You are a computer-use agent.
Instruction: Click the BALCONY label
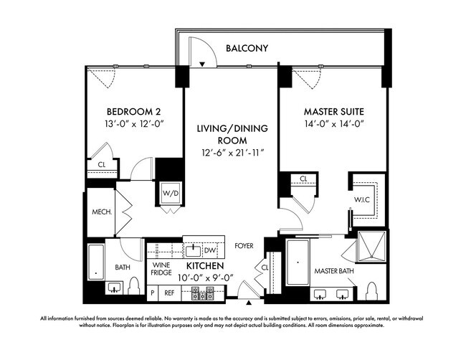click(247, 48)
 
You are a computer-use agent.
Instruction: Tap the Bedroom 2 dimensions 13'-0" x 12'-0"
click(135, 123)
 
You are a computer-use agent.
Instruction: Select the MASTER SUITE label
click(334, 112)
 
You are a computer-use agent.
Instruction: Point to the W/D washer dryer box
click(171, 193)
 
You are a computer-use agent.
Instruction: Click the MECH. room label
click(102, 212)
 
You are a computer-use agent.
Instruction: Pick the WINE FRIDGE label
click(161, 269)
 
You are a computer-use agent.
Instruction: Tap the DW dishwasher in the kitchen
click(210, 250)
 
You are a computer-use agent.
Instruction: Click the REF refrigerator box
click(169, 293)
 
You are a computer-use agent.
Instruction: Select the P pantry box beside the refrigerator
click(153, 293)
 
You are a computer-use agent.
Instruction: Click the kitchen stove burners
click(202, 293)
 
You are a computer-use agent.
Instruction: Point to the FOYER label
click(244, 246)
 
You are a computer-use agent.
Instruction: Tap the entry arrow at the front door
click(249, 303)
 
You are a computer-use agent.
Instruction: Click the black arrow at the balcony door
click(202, 64)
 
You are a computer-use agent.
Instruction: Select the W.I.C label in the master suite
click(362, 200)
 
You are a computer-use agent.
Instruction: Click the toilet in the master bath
click(372, 291)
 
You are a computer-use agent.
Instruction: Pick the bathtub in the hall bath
click(95, 262)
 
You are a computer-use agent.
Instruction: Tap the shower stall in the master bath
click(371, 247)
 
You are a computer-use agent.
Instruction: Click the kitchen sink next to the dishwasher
click(194, 250)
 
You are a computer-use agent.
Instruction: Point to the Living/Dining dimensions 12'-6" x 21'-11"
click(233, 153)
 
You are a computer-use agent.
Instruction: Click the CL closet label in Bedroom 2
click(102, 164)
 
